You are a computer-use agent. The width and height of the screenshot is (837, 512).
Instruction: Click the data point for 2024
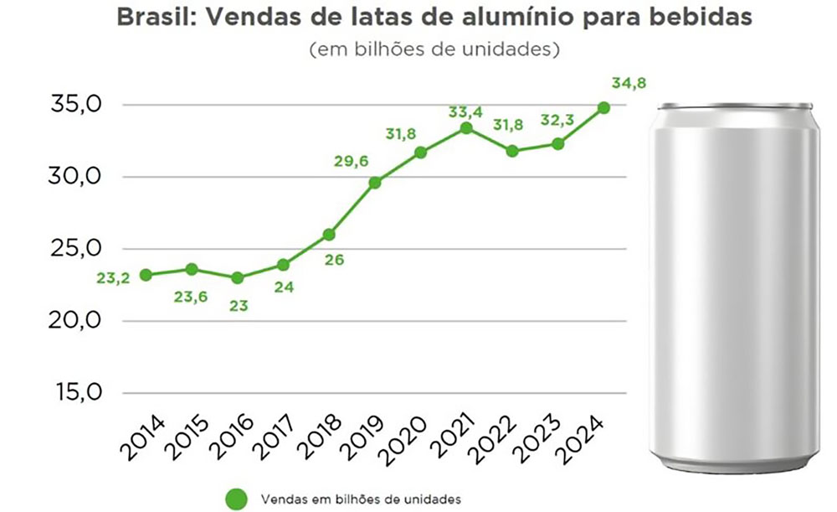pyautogui.click(x=603, y=108)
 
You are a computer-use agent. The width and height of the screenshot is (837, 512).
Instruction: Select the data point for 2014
pyautogui.click(x=146, y=275)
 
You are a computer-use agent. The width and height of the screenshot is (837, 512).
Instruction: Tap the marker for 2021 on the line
pyautogui.click(x=466, y=128)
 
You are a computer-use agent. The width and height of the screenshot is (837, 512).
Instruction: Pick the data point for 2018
pyautogui.click(x=329, y=235)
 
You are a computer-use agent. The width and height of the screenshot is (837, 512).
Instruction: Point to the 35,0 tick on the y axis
pyautogui.click(x=77, y=106)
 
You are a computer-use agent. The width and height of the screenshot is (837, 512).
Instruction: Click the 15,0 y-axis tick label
pyautogui.click(x=77, y=393)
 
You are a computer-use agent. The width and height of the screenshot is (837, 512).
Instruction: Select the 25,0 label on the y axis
pyautogui.click(x=77, y=249)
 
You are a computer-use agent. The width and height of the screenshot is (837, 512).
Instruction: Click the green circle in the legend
pyautogui.click(x=237, y=499)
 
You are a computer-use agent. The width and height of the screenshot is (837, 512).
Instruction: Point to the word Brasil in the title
pyautogui.click(x=151, y=18)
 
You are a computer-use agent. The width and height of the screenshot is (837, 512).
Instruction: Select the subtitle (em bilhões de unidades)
pyautogui.click(x=434, y=49)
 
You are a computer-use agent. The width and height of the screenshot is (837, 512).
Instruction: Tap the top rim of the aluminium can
pyautogui.click(x=735, y=106)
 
